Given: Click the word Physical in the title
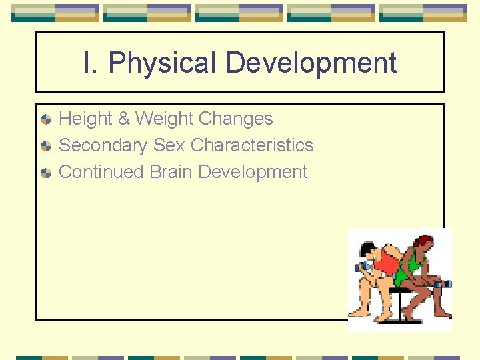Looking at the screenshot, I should point(163,63).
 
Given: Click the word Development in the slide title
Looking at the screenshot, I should point(311,63).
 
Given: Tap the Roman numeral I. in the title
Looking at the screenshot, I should point(91,63).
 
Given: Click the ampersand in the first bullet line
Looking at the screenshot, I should point(123,119).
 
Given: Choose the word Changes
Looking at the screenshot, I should point(236,119).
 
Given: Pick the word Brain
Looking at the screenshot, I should point(171,172).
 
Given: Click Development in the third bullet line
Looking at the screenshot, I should point(253,172).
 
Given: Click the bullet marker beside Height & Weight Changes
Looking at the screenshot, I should point(45,119).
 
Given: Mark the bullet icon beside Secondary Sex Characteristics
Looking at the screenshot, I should point(45,146).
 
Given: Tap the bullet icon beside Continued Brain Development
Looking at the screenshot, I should point(45,173).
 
